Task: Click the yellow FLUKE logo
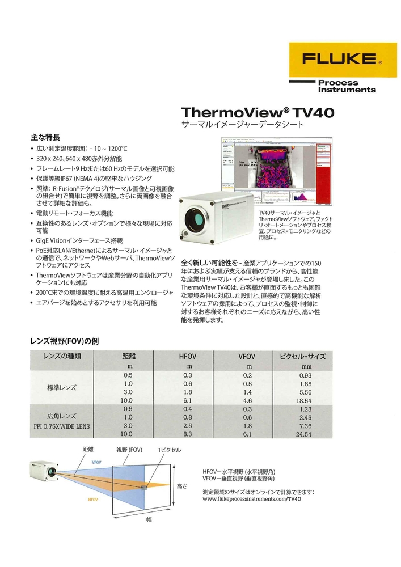(341, 60)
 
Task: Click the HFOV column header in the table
(187, 357)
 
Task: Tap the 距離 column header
(129, 357)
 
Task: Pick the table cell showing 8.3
(187, 434)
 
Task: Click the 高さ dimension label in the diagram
(181, 486)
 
